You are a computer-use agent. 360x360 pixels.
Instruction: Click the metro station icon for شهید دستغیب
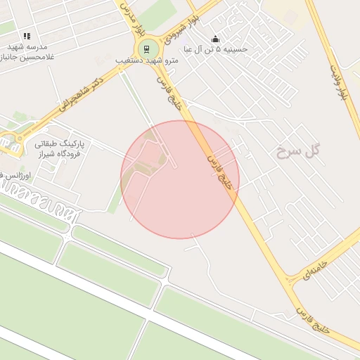[146, 49]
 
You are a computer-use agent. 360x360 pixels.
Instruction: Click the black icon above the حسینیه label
[215, 39]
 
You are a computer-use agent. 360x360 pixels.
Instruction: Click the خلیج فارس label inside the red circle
[219, 169]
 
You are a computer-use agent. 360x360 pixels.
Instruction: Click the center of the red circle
[180, 179]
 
